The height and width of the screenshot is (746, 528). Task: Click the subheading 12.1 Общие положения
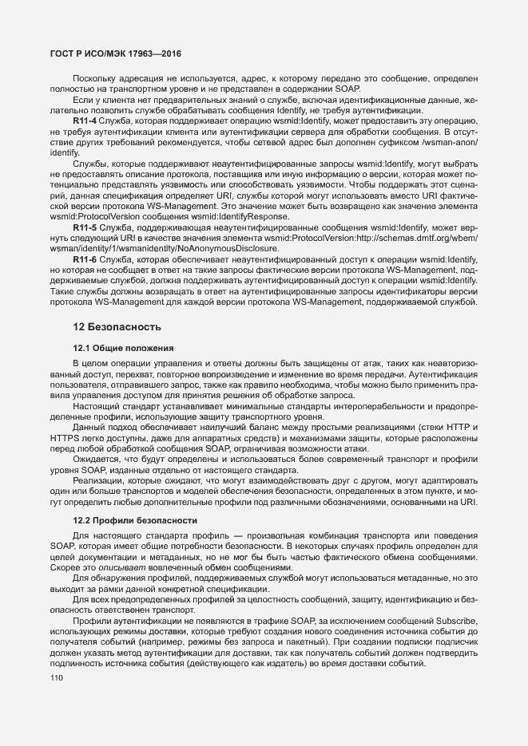click(120, 348)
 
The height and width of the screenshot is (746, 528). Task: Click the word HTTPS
click(66, 438)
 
